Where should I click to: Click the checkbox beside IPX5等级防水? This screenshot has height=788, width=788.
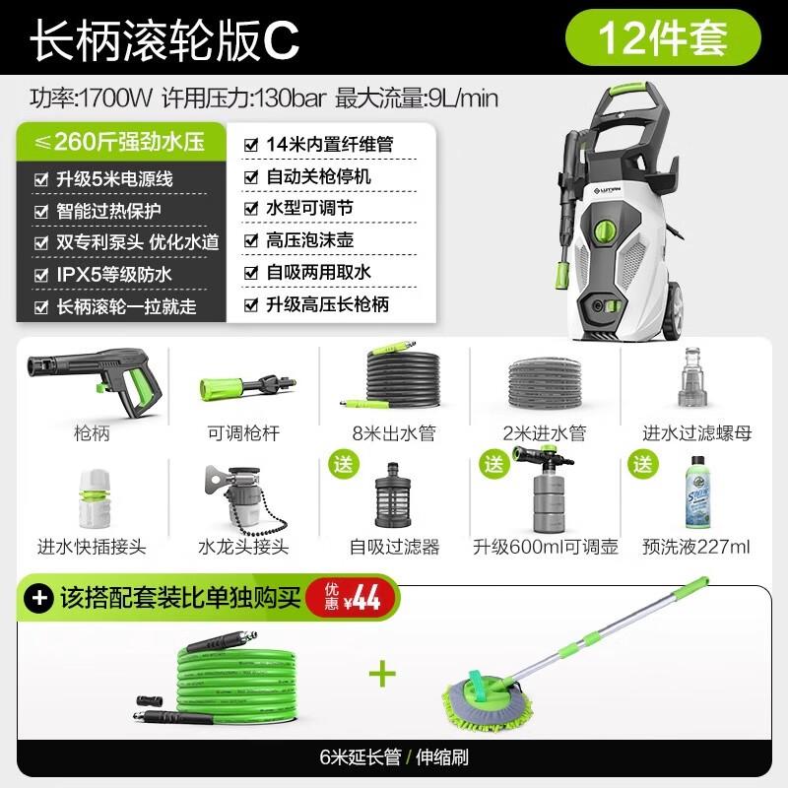[40, 275]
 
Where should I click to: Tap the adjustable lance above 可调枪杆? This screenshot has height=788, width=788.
[240, 386]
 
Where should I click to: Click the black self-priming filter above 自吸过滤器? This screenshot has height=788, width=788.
[393, 497]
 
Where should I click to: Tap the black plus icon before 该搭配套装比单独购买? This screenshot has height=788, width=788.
[40, 597]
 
